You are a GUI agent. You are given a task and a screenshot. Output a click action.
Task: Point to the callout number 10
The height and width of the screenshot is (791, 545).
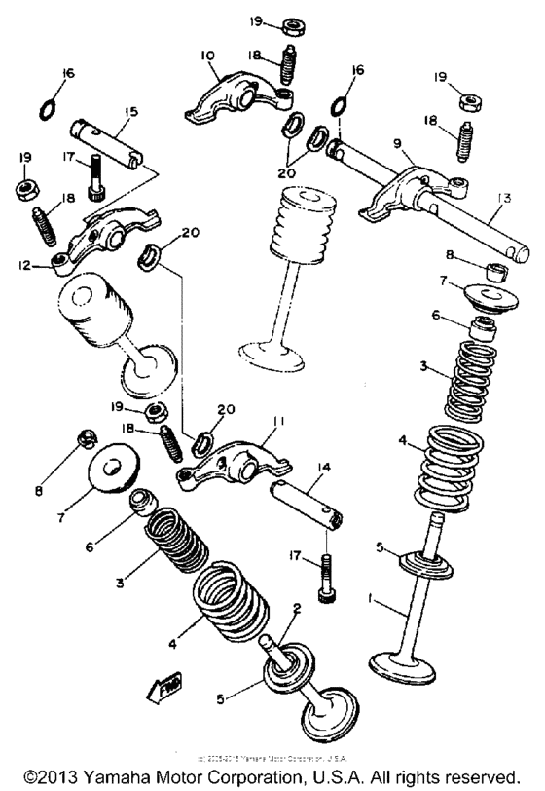click(x=207, y=57)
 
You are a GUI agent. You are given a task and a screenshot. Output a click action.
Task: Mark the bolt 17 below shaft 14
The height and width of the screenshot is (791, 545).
click(x=325, y=579)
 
